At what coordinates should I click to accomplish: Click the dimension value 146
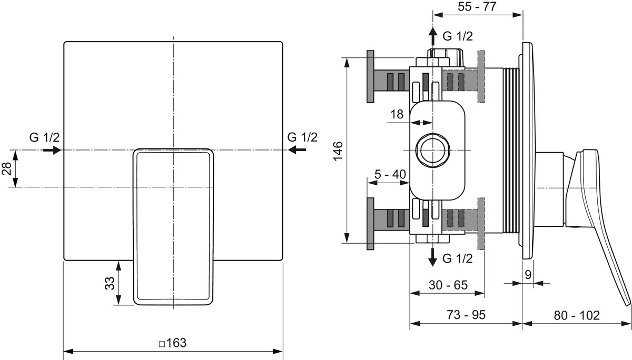(338, 152)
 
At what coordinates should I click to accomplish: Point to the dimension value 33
(110, 284)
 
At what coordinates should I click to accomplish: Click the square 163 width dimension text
(173, 343)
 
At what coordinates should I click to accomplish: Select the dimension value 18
(397, 114)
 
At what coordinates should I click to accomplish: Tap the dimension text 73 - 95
(466, 315)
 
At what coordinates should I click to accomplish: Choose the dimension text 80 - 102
(577, 315)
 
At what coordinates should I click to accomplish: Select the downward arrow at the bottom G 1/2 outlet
(433, 256)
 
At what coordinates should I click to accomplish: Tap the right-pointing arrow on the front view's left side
(52, 150)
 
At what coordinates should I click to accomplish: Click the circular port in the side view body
(433, 151)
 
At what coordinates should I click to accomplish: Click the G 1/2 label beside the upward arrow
(457, 36)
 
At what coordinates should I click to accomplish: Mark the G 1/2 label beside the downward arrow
(457, 258)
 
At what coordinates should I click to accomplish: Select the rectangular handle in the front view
(173, 226)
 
